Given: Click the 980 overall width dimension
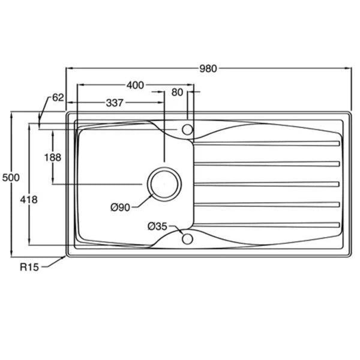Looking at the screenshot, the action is pyautogui.click(x=208, y=68).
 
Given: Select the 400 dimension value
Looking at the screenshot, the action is pyautogui.click(x=135, y=85).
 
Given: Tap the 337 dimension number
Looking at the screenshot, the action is pyautogui.click(x=115, y=103).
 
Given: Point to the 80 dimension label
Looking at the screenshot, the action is pyautogui.click(x=177, y=92).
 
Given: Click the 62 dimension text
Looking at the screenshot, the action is pyautogui.click(x=58, y=98).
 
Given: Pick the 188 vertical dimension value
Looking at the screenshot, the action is pyautogui.click(x=53, y=157).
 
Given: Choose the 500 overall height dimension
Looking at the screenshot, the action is pyautogui.click(x=11, y=178).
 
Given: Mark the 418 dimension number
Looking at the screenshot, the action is pyautogui.click(x=29, y=200).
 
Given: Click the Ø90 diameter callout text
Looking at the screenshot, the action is pyautogui.click(x=121, y=208).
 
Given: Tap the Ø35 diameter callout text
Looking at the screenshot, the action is pyautogui.click(x=157, y=227).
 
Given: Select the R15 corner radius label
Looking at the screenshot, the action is pyautogui.click(x=29, y=267).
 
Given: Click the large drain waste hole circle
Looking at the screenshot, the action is pyautogui.click(x=164, y=184).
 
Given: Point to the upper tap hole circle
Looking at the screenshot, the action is pyautogui.click(x=187, y=130).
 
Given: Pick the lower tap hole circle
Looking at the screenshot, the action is pyautogui.click(x=187, y=239).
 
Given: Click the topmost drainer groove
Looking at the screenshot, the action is pyautogui.click(x=267, y=143).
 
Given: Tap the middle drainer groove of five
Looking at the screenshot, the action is pyautogui.click(x=267, y=184).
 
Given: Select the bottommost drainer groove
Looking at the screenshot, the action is pyautogui.click(x=267, y=225).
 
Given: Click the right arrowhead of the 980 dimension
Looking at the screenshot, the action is pyautogui.click(x=349, y=68).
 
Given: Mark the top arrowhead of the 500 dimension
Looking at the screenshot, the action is pyautogui.click(x=11, y=114).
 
